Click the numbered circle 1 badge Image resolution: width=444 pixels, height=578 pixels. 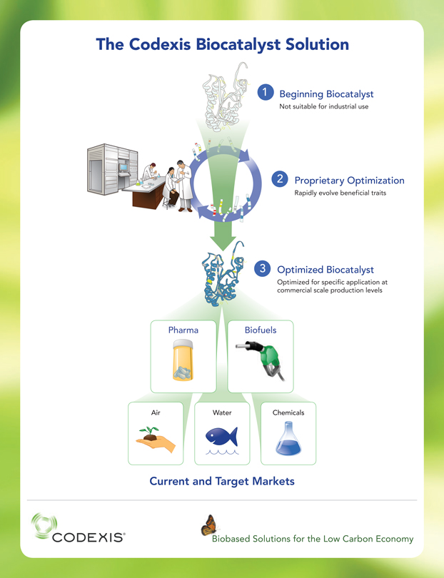click(x=266, y=92)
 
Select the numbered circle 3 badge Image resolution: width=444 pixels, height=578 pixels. click(x=263, y=268)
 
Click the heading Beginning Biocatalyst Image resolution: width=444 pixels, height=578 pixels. click(x=326, y=94)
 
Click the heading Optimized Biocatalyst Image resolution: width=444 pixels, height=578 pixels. click(x=325, y=270)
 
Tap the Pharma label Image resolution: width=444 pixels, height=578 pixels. click(x=183, y=330)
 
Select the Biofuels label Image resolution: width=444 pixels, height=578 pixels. click(x=261, y=330)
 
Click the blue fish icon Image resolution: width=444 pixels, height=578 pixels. click(x=222, y=436)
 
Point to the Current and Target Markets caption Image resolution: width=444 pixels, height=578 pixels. click(x=221, y=482)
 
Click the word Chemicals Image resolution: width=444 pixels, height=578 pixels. click(x=288, y=412)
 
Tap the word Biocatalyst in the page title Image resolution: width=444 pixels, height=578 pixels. click(x=245, y=44)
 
